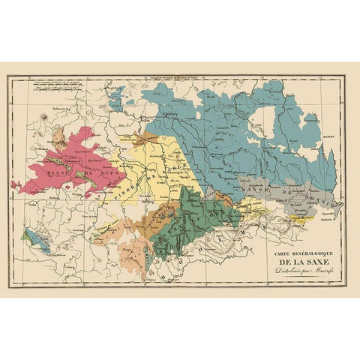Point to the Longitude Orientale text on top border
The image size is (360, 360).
click(165, 80)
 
